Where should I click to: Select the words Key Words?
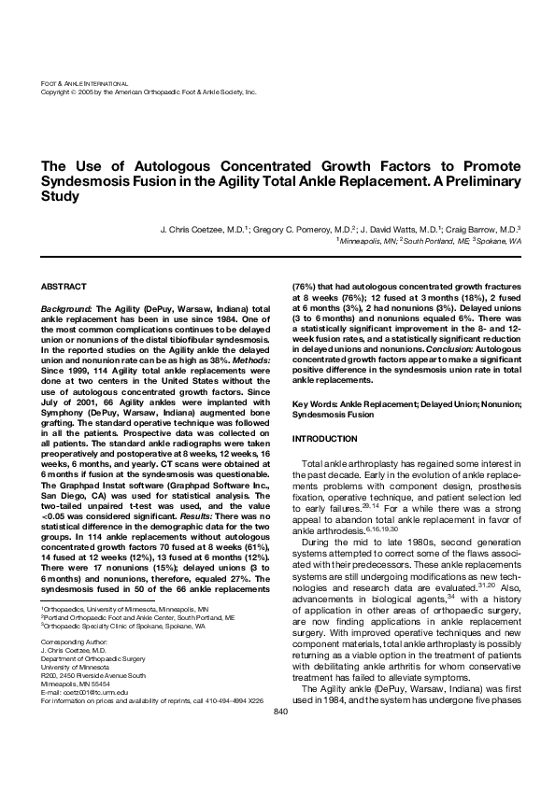[x=314, y=403]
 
